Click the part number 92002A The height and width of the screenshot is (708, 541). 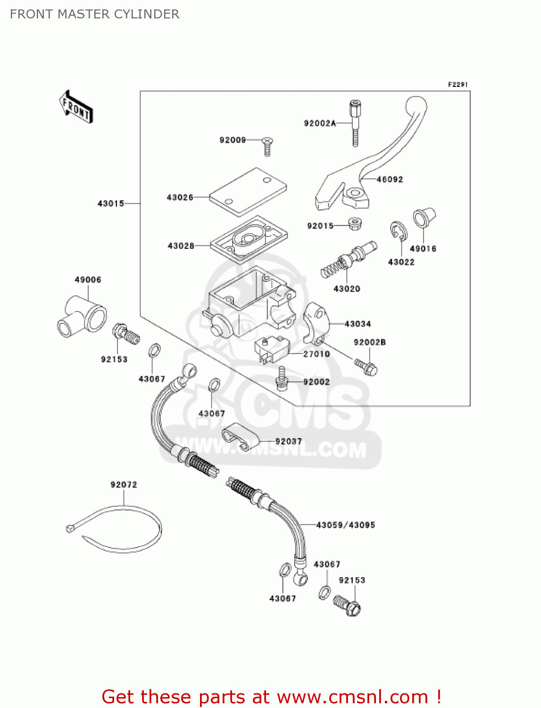[319, 124]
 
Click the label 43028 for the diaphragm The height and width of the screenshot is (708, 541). [181, 246]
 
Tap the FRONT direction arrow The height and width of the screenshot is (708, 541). [76, 108]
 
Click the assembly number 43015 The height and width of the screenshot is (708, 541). [110, 203]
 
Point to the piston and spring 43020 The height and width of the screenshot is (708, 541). [349, 260]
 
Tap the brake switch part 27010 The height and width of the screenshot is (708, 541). [271, 350]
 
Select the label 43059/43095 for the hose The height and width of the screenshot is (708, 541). [345, 525]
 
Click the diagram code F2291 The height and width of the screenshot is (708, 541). [458, 84]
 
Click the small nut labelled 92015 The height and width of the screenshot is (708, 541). [354, 223]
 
